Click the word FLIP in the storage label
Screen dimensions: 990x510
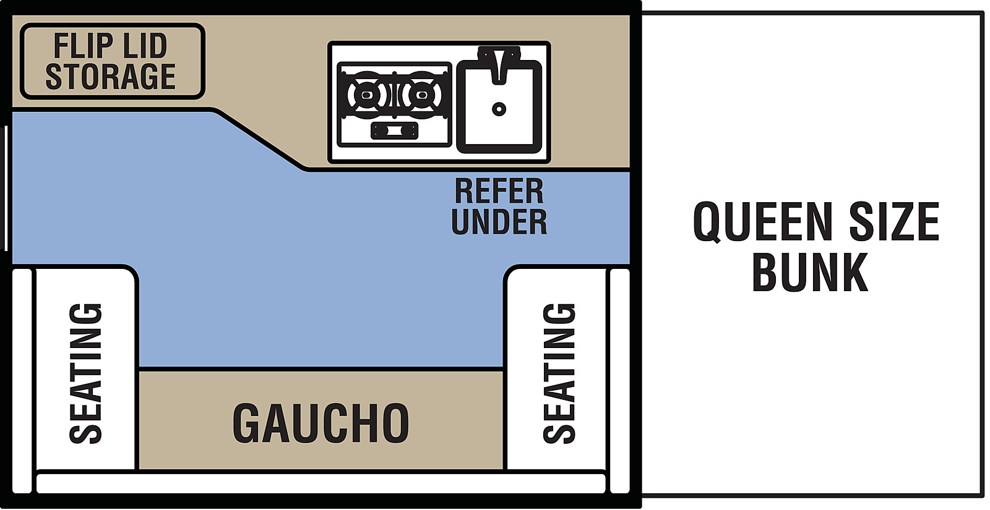[x=83, y=46]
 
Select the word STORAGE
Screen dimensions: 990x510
[x=111, y=77]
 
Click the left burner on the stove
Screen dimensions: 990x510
[x=366, y=95]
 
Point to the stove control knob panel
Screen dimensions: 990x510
[x=394, y=130]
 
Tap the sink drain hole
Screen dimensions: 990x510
[x=499, y=109]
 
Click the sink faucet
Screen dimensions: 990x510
[x=499, y=64]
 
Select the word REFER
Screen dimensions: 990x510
[x=499, y=192]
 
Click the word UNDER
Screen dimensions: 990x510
[x=499, y=222]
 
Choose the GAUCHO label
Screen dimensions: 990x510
[x=321, y=423]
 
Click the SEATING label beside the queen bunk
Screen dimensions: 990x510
[x=559, y=373]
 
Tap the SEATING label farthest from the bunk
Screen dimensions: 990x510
[x=86, y=373]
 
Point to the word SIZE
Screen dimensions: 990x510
[x=894, y=221]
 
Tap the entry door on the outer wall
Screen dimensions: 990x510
[x=6, y=189]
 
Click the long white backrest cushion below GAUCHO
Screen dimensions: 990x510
[x=321, y=483]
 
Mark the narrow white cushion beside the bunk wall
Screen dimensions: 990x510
[x=619, y=381]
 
